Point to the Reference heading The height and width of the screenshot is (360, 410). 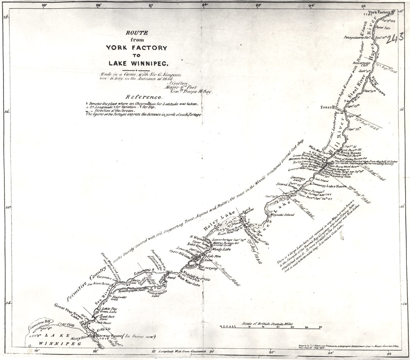144,97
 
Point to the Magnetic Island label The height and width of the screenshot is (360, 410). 282,215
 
